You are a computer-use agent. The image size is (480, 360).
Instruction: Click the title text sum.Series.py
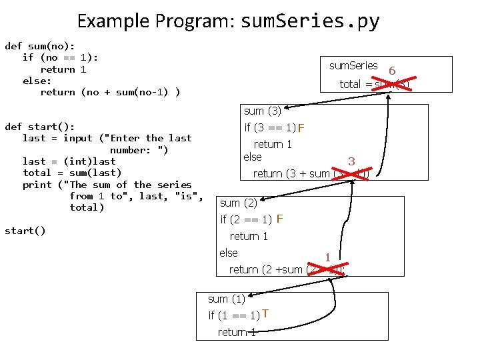tap(309, 21)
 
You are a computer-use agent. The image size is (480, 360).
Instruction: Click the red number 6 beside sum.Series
tap(392, 71)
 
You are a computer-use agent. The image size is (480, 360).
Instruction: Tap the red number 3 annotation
tap(351, 161)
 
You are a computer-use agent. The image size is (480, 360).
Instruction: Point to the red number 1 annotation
tap(327, 257)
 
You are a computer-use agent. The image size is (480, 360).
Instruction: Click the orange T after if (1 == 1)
tap(265, 314)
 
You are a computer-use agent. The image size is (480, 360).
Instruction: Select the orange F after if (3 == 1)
tap(301, 128)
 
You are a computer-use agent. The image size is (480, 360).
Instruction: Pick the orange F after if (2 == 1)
tap(280, 219)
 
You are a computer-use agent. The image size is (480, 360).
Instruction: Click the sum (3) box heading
tap(262, 111)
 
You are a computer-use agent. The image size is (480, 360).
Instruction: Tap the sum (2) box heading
tap(239, 203)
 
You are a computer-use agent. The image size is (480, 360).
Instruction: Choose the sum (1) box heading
tap(227, 299)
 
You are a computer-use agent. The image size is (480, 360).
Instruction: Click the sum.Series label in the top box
tap(353, 66)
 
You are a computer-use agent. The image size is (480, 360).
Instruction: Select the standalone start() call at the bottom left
tap(25, 231)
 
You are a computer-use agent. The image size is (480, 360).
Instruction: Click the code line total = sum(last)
tap(72, 173)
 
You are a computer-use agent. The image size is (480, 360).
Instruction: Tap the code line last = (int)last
tap(69, 161)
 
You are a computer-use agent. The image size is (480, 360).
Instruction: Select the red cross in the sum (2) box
tap(325, 269)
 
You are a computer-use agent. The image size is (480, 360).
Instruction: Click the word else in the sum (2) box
tap(229, 253)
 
